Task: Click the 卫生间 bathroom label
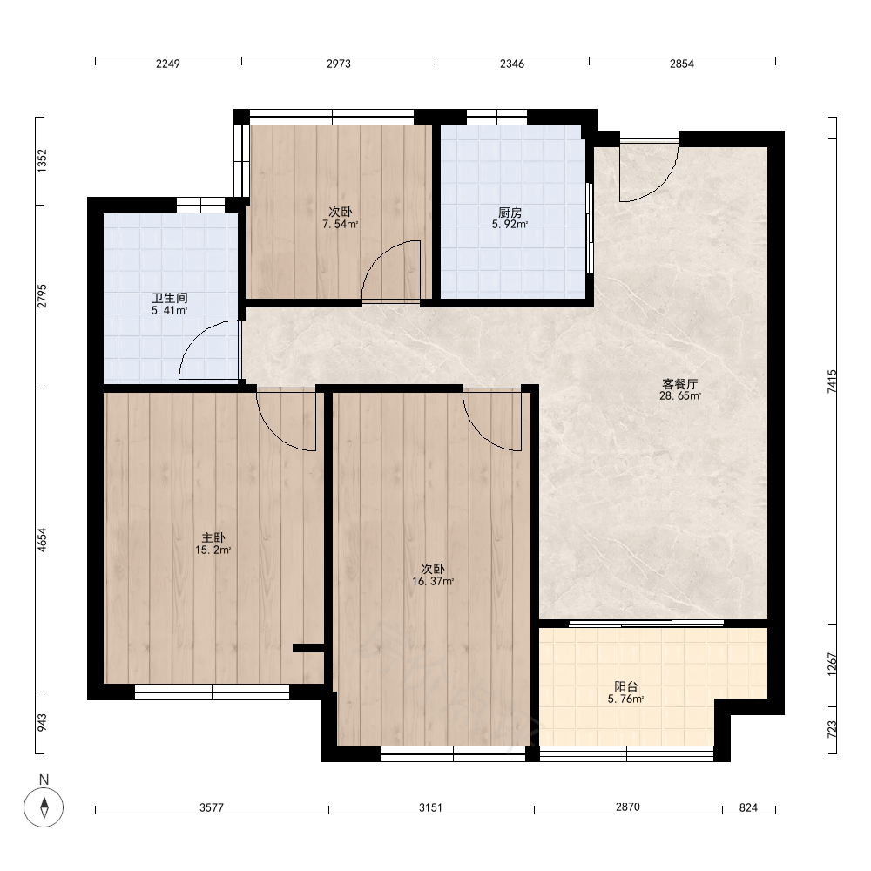click(x=170, y=298)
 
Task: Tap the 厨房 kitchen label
click(x=510, y=213)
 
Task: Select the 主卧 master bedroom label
click(x=213, y=537)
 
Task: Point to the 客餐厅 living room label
click(x=680, y=384)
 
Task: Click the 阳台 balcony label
click(x=626, y=686)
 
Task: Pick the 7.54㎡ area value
click(x=340, y=225)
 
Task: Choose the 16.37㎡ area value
click(x=433, y=582)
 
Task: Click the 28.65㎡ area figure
click(x=680, y=396)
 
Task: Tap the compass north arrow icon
click(x=44, y=807)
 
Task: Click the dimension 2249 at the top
click(x=168, y=64)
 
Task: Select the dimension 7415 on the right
click(x=832, y=381)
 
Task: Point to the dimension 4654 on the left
click(x=42, y=539)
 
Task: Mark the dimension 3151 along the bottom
click(x=430, y=807)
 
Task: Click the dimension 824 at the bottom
click(x=748, y=807)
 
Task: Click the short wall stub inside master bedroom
click(x=308, y=647)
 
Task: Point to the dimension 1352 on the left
click(x=42, y=161)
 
